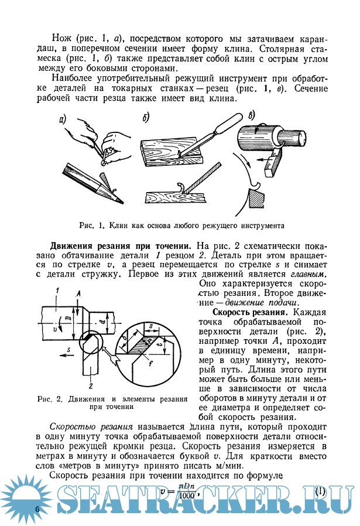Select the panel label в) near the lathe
click(251, 115)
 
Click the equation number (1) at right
click(320, 490)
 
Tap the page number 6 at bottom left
click(37, 508)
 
